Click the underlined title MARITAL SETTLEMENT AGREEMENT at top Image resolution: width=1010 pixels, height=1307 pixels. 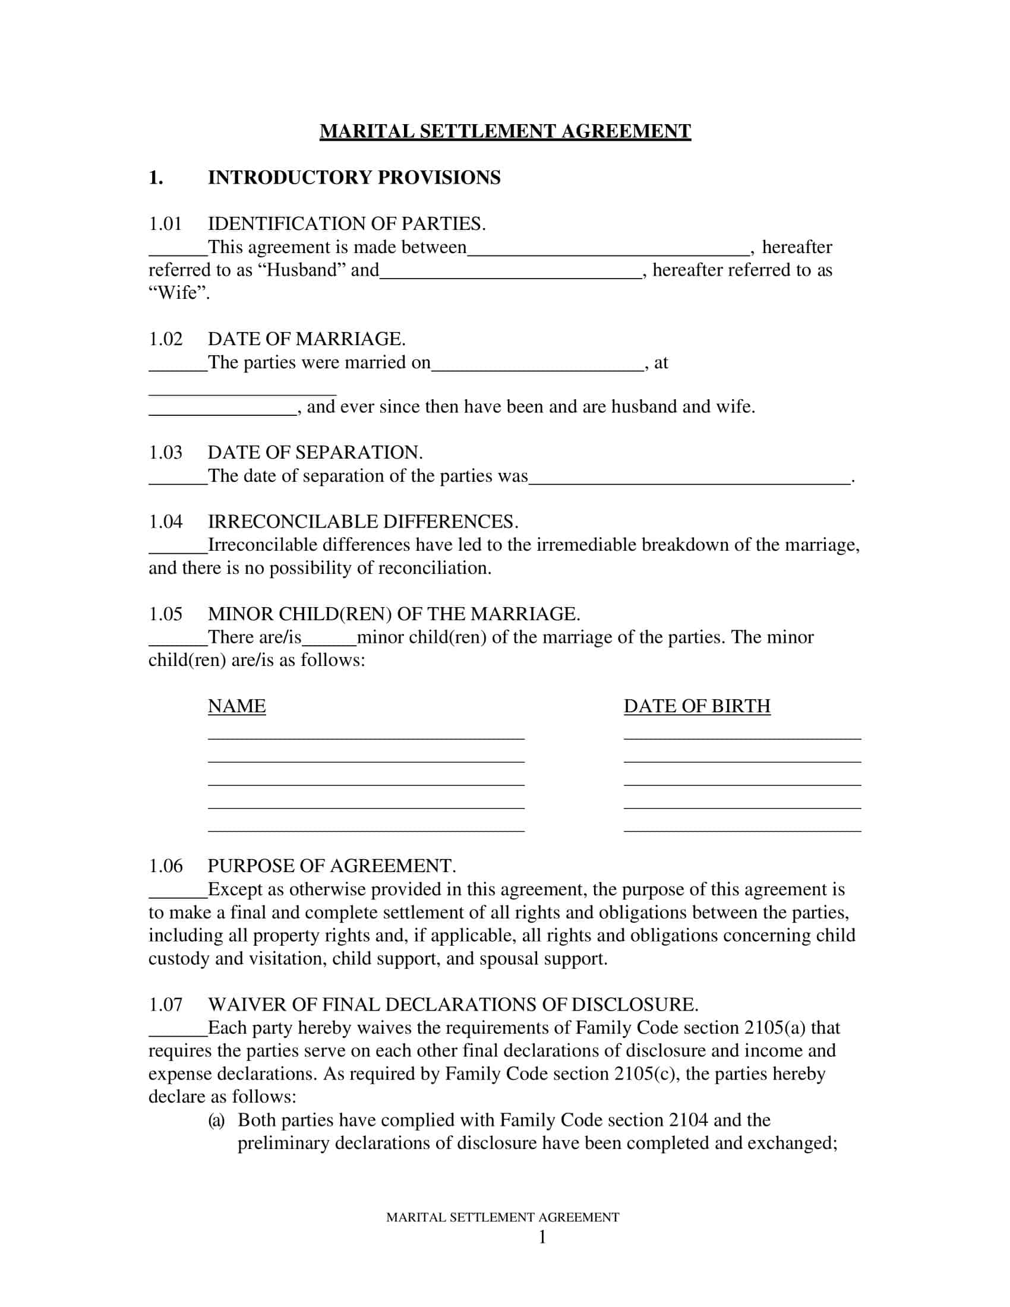(x=505, y=131)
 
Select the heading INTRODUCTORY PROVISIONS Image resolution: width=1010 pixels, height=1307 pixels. (x=353, y=178)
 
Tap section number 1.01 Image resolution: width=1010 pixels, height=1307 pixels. (x=165, y=224)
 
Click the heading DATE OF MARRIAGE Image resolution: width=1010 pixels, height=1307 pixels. (x=307, y=339)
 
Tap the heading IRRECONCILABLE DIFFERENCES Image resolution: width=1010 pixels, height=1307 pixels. (x=362, y=521)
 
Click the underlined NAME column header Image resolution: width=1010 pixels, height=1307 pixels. (x=236, y=706)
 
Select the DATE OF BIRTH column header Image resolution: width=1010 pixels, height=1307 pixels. (x=696, y=706)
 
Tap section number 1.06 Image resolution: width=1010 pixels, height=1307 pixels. (x=165, y=866)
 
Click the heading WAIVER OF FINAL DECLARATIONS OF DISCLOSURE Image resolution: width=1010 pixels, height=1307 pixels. (x=453, y=1004)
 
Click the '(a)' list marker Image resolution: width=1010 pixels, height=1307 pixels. (x=216, y=1120)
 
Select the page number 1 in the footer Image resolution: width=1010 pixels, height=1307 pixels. (x=542, y=1237)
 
